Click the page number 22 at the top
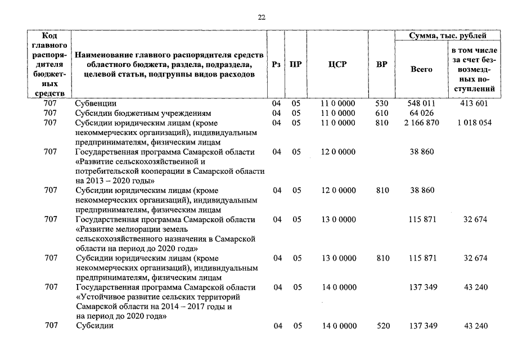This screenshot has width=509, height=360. (261, 17)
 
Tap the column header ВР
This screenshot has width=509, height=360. (381, 65)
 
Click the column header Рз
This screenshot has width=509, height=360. (276, 65)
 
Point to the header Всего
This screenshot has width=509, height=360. (421, 69)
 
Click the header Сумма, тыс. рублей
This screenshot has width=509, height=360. (448, 36)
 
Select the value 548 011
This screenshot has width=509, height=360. (421, 103)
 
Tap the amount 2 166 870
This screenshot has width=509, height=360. (421, 123)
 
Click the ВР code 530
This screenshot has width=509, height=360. (381, 103)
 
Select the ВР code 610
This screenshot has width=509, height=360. (381, 113)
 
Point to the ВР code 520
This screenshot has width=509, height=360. (381, 326)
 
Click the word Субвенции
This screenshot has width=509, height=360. (96, 103)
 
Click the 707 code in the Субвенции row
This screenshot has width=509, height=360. (51, 103)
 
